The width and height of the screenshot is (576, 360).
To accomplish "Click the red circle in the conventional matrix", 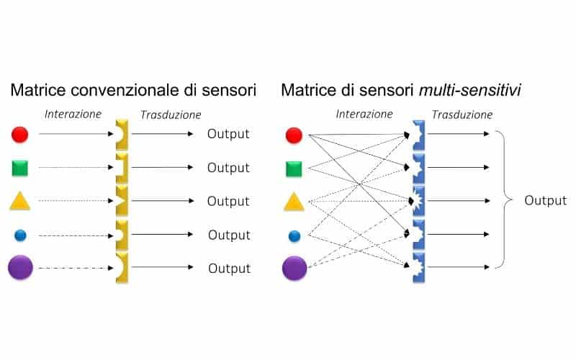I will [20, 134].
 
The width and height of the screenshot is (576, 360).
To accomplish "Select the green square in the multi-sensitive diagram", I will [293, 169].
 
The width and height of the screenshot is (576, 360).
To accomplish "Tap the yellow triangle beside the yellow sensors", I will [20, 201].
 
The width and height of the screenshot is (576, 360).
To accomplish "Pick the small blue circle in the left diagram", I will [20, 235].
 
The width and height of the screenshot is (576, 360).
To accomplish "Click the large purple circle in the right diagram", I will [294, 268].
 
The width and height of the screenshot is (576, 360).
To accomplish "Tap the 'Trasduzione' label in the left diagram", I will [171, 114].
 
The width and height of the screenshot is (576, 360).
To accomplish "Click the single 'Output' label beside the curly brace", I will [545, 200].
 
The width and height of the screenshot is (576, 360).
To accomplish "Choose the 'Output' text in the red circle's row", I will [228, 134].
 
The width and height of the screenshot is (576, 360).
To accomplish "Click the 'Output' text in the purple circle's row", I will [229, 269].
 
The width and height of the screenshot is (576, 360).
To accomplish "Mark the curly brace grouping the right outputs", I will [503, 200].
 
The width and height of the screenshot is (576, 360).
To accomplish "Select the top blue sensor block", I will [418, 135].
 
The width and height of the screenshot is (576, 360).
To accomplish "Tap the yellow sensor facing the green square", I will [122, 168].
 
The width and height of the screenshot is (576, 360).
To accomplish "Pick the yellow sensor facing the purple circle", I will [122, 268].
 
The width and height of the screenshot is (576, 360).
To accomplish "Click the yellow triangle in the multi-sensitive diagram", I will [293, 202].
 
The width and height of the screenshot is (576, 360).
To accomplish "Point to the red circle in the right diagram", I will [294, 135].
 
